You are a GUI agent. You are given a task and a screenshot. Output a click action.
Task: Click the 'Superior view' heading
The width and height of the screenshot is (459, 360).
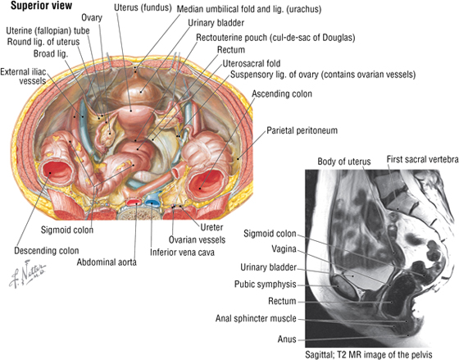[41, 6]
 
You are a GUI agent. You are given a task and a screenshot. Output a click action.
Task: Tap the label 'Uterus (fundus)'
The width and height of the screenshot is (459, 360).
[143, 8]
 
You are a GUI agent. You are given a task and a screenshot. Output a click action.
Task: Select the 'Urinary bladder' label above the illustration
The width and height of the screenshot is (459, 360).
[216, 23]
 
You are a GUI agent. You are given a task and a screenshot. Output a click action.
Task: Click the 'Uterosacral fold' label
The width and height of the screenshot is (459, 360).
[252, 64]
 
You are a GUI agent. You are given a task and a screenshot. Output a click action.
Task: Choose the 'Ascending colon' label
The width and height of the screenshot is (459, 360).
[282, 94]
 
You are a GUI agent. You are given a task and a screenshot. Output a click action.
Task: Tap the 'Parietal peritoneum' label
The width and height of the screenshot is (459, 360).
[302, 130]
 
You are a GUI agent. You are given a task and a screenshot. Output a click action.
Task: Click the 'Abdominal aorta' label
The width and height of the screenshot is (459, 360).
[107, 262]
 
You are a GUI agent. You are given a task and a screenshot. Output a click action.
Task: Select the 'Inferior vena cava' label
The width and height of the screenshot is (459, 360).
[182, 253]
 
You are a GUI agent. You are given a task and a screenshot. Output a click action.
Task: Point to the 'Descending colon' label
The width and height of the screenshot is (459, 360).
[47, 251]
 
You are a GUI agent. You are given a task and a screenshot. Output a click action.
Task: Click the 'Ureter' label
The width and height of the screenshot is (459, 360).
[211, 227]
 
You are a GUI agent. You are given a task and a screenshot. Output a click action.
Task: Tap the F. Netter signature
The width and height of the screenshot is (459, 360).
[27, 273]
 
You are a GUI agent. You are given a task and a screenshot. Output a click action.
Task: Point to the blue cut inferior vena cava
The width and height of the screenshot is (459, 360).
[152, 202]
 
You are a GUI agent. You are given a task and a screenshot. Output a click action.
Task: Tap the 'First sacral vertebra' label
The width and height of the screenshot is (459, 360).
[422, 160]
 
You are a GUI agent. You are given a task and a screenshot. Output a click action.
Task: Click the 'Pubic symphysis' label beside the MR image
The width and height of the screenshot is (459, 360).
[266, 285]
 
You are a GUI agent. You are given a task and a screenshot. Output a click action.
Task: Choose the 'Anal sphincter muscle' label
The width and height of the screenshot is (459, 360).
[256, 318]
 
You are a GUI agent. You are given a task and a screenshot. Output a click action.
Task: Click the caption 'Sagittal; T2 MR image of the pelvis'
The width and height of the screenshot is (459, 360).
[369, 354]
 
